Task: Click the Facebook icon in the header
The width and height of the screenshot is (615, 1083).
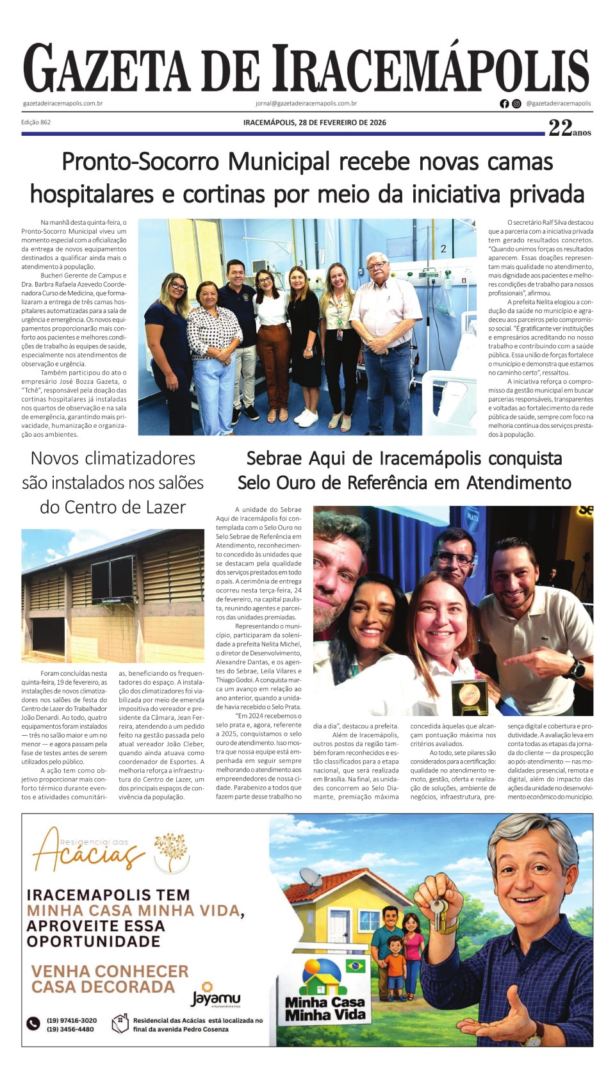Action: pos(504,104)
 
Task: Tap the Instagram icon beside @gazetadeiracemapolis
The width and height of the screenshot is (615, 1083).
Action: pos(516,104)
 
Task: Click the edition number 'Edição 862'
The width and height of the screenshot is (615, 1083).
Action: pos(36,122)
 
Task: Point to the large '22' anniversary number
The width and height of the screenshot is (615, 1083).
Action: pos(560,128)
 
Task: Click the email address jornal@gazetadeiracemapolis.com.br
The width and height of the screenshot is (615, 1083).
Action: pos(306,103)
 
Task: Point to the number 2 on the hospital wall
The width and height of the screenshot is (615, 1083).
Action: pos(443,248)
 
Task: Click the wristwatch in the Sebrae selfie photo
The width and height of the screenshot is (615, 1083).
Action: pos(577,669)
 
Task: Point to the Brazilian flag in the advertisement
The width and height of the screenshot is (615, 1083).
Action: pos(355,965)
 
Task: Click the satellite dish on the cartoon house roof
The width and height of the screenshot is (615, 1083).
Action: pos(311,879)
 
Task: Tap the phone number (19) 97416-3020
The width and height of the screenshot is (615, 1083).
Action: pos(72,1020)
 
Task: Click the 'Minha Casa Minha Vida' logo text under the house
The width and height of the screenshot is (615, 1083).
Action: pos(325,1008)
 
